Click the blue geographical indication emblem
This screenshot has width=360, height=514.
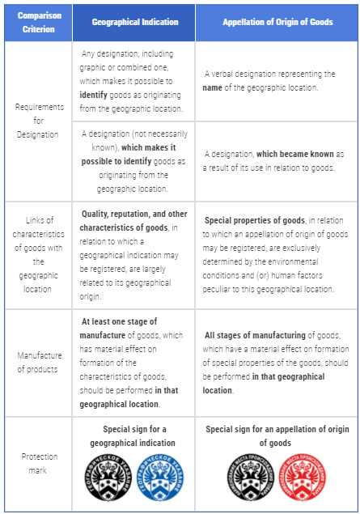(159, 480)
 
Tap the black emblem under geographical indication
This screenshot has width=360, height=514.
(110, 480)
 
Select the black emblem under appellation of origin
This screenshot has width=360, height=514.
(252, 480)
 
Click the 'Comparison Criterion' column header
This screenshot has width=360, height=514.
(36, 21)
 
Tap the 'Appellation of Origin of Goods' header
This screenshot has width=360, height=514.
(277, 22)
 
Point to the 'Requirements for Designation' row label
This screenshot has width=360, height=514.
(36, 121)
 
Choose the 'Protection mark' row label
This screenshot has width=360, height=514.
(36, 463)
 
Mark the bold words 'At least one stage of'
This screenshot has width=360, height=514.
(120, 321)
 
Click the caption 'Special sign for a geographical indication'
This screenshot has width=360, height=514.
(133, 435)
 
